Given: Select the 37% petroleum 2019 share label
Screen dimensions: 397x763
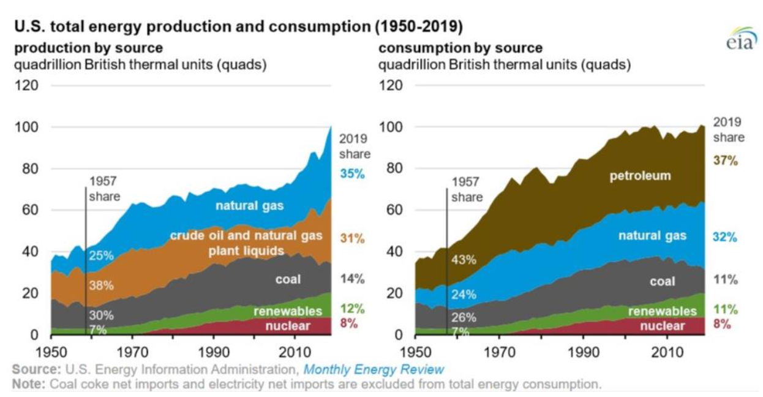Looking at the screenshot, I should tap(726, 161).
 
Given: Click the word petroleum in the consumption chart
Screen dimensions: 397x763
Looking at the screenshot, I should tap(640, 176).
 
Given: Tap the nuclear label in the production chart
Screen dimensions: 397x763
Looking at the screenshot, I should tap(287, 326).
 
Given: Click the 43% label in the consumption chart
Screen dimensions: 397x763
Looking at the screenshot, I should tap(464, 260).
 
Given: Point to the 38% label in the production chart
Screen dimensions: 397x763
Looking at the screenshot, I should tap(101, 285).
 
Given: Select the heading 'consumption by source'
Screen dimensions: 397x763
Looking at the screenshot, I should tap(460, 48).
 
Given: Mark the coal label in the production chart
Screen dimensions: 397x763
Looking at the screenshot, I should tap(288, 279).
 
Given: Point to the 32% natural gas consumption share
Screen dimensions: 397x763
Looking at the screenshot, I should tap(726, 237).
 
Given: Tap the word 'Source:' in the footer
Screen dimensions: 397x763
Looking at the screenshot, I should tap(34, 369).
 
